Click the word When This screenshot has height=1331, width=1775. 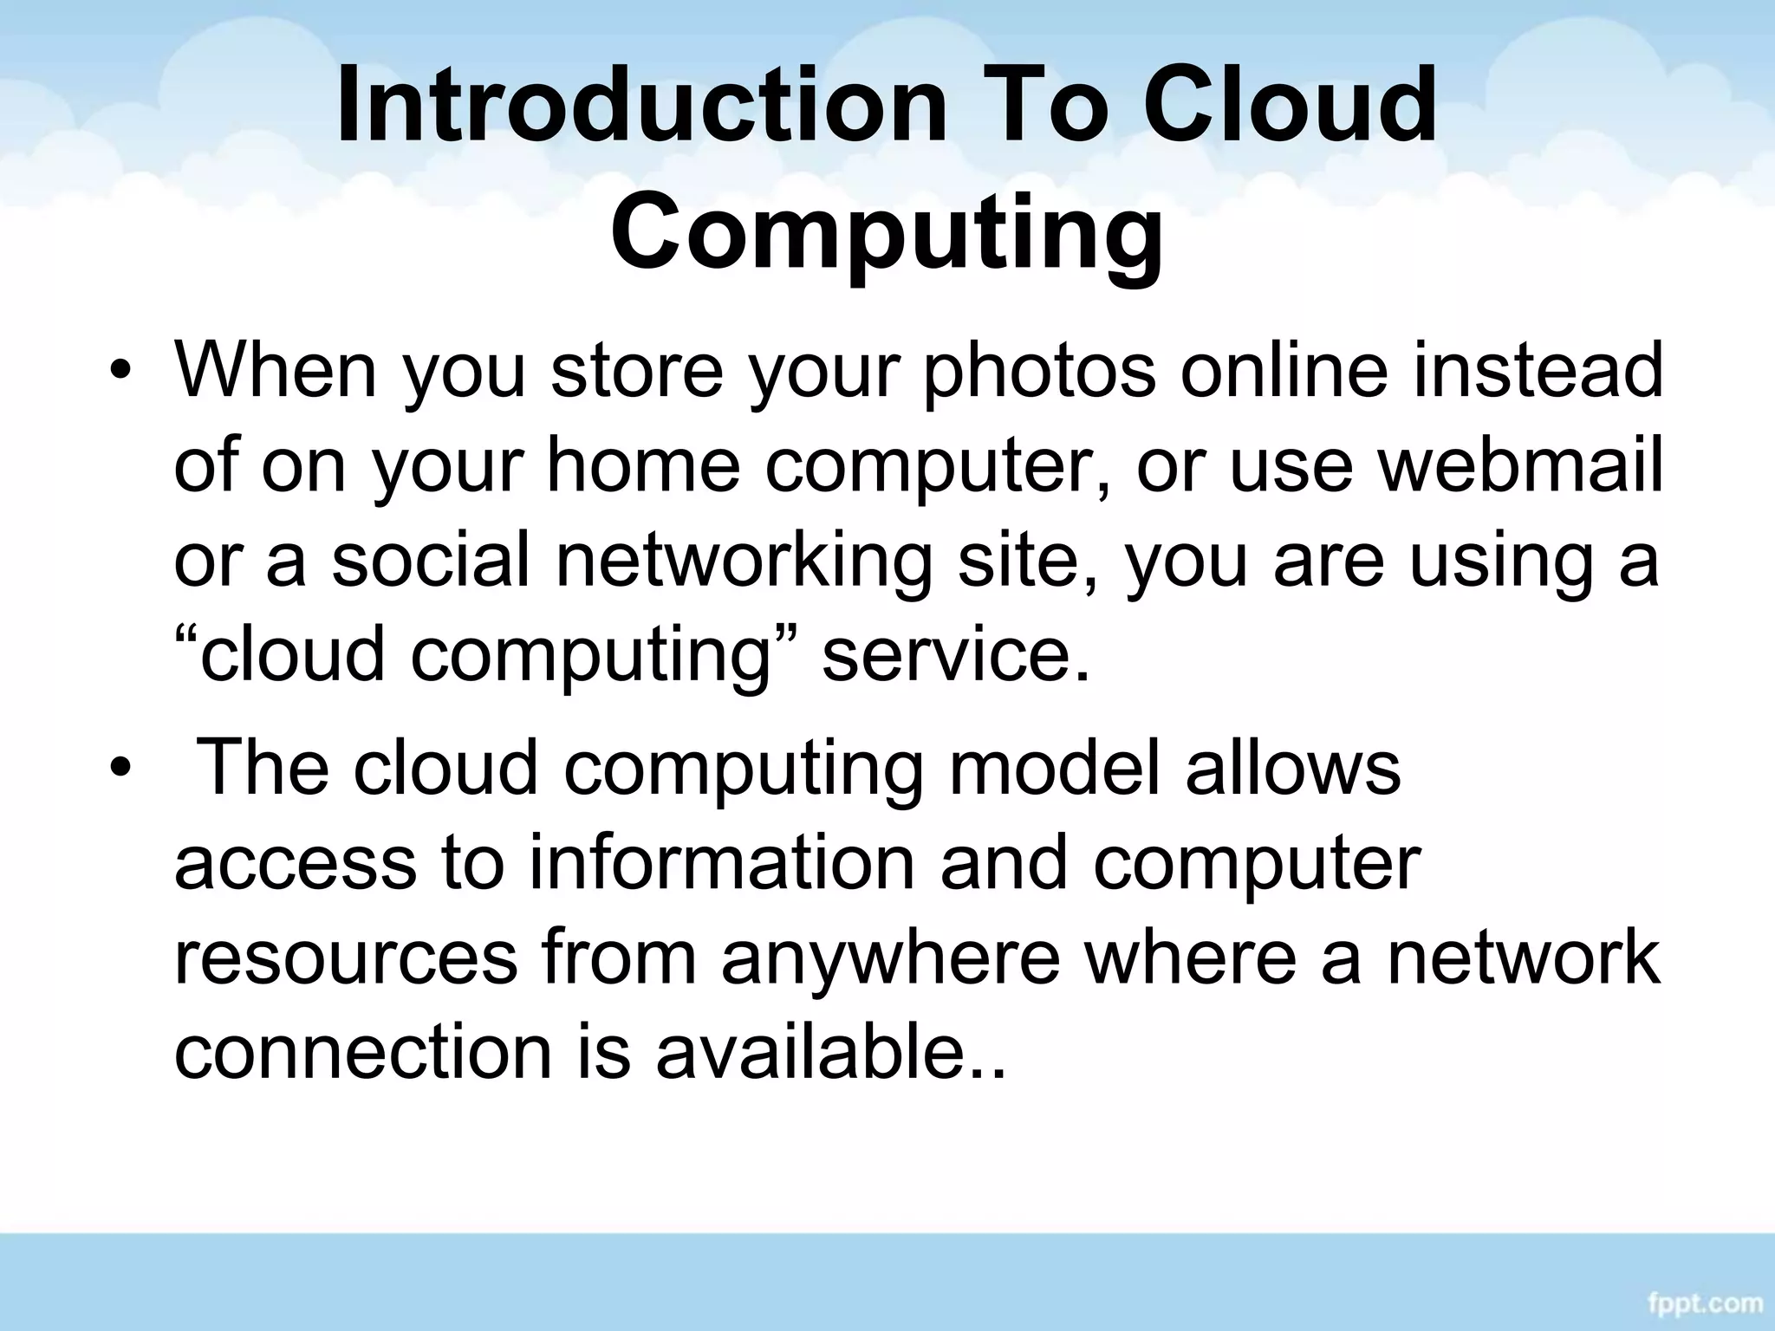[x=276, y=371]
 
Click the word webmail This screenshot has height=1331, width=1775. [x=1520, y=464]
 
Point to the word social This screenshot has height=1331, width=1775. [x=430, y=560]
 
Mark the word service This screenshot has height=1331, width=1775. [x=954, y=655]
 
